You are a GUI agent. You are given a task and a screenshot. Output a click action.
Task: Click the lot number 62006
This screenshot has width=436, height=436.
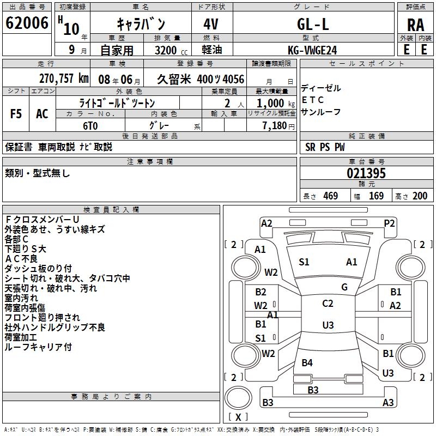tap(27, 23)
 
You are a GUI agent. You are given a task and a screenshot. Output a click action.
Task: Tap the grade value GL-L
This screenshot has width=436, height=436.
tap(312, 24)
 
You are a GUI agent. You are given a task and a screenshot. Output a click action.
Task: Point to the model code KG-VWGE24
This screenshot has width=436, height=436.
tap(312, 50)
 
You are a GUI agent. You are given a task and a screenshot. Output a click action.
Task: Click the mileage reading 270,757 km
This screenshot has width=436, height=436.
tap(64, 78)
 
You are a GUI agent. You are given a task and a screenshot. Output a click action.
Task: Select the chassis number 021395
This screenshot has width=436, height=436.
tap(366, 173)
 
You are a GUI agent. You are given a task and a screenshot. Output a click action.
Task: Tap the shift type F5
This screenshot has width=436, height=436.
tap(16, 114)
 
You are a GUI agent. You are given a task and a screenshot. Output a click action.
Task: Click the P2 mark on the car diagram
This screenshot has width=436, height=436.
tap(389, 223)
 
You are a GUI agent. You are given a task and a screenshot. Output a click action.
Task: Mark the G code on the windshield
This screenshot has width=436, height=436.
tap(344, 287)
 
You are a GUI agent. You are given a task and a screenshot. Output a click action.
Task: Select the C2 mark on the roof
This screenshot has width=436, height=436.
tap(328, 304)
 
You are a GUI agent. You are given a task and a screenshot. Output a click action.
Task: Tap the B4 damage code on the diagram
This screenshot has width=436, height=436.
tap(307, 362)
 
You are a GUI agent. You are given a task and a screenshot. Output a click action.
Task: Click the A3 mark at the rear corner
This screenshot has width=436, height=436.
tap(388, 403)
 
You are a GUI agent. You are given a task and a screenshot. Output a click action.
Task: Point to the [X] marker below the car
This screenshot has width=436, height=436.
tap(238, 416)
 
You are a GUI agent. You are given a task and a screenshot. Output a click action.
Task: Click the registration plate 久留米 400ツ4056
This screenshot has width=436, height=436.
tap(202, 79)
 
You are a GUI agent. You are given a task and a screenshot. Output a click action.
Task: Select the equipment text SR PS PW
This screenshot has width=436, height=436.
tap(325, 147)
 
